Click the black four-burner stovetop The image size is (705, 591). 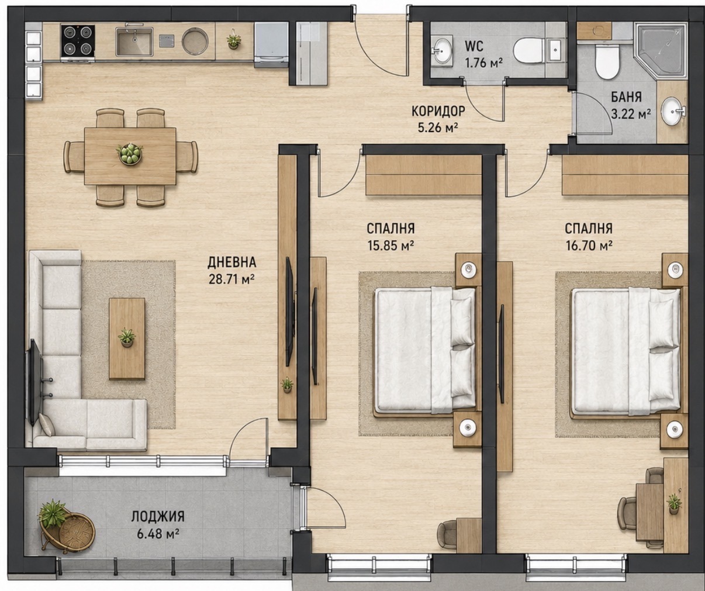coord(78,41)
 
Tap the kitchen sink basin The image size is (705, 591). coord(134,41)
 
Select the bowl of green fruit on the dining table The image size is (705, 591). coord(129,154)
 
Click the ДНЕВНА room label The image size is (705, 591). coord(231,262)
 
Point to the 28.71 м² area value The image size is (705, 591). coord(231,279)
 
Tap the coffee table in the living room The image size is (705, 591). coord(127,338)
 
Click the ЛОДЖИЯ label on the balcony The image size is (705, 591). coord(158,516)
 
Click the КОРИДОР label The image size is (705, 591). coord(438,110)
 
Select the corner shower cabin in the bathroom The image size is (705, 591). coord(661,51)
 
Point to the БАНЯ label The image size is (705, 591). coord(626,97)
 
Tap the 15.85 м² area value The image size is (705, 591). coord(390,246)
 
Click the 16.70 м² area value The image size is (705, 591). coord(589,246)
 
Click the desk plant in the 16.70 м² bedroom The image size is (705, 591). coord(673,504)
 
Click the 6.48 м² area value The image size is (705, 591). coord(158,534)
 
